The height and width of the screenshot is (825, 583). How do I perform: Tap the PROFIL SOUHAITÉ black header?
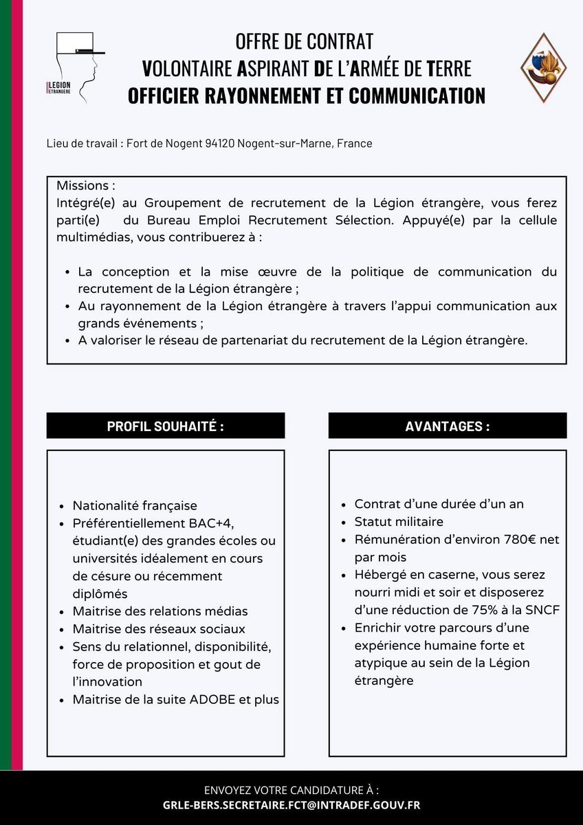tap(166, 426)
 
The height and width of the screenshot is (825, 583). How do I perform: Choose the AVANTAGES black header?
tap(448, 426)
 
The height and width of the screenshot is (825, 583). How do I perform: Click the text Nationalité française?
tap(135, 505)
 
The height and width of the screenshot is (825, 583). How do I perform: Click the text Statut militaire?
tap(399, 522)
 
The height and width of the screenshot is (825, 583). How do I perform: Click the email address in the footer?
tap(291, 805)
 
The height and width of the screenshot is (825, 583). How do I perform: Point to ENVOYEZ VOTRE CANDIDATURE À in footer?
tap(291, 789)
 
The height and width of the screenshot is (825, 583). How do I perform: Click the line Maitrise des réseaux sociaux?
tap(159, 629)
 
